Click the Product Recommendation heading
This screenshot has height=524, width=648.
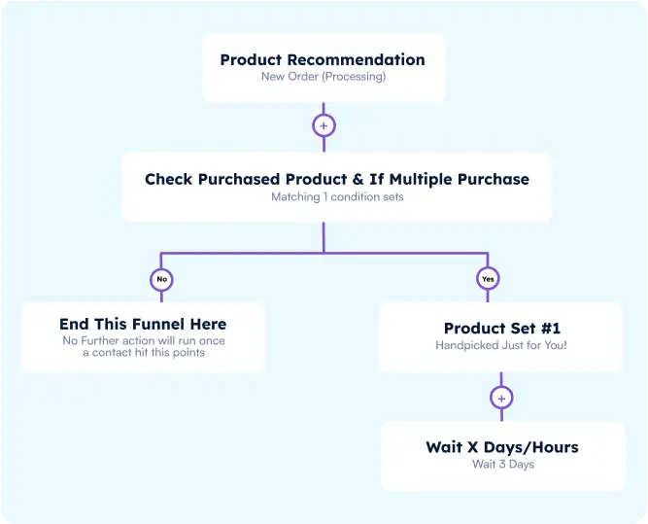coord(323,59)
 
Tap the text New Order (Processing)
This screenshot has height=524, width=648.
coord(323,77)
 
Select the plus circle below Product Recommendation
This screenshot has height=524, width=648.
coord(324,125)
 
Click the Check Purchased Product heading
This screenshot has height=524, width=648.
coord(337,179)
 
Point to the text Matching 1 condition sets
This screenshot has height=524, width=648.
coord(336,196)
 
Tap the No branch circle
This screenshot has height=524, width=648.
coord(162,279)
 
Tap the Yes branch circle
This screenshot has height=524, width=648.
coord(488,279)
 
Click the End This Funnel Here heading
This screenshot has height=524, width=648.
coord(143,324)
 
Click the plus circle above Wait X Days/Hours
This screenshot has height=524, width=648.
coord(501,398)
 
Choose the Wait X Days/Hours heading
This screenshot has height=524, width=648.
coord(501,447)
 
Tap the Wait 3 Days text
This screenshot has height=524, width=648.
coord(501,465)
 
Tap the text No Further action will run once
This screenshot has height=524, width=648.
coord(143,340)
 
